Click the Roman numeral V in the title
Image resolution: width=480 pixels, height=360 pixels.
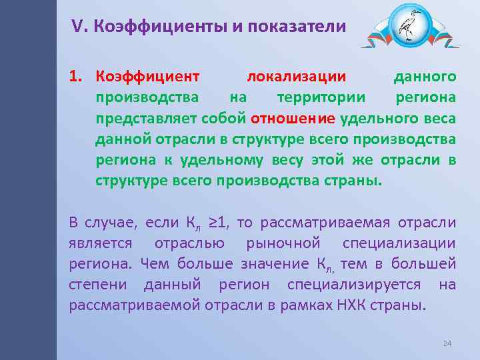(78, 27)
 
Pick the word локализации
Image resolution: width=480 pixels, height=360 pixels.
(296, 77)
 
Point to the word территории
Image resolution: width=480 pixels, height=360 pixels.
(321, 97)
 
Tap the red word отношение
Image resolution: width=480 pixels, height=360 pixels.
(293, 119)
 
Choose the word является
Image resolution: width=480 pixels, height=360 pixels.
(101, 243)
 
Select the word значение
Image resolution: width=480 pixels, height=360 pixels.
(257, 264)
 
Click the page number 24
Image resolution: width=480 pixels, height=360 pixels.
(447, 343)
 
